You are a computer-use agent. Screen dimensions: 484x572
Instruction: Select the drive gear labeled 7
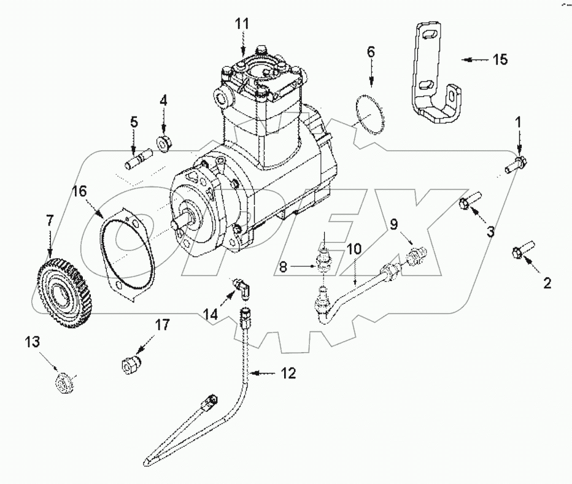61,287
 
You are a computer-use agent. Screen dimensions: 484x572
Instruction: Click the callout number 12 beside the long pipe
288,372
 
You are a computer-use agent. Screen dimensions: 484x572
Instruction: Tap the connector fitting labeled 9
416,252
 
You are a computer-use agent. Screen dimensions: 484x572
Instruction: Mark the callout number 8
284,267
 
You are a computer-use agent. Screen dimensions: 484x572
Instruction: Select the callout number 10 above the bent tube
354,249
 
